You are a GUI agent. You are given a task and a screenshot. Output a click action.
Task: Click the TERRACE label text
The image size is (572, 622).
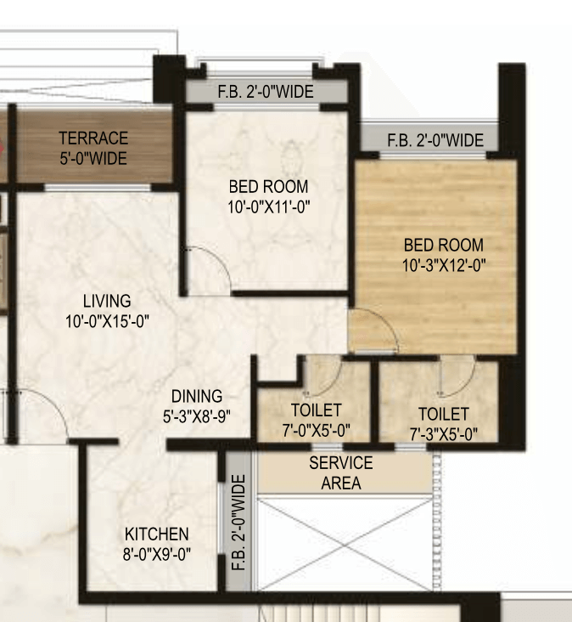[x=93, y=138]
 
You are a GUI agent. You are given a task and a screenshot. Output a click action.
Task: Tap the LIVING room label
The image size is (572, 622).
[x=107, y=301]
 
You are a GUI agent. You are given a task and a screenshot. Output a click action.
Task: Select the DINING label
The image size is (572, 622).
[x=197, y=396]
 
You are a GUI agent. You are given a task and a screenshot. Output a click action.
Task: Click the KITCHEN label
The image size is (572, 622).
[x=157, y=534]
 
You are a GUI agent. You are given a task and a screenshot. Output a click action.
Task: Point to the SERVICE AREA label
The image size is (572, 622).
[x=341, y=472]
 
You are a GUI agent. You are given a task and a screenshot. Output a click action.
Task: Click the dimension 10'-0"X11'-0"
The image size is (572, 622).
[x=268, y=206]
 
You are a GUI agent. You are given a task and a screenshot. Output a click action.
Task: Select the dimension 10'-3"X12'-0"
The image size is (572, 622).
[x=444, y=265]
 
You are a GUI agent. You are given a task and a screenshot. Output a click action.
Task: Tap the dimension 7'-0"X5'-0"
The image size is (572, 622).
[x=316, y=430]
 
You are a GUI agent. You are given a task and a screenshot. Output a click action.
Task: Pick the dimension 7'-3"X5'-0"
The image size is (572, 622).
[x=444, y=434]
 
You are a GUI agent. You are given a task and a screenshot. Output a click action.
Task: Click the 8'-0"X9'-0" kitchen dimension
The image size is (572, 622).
[x=157, y=554]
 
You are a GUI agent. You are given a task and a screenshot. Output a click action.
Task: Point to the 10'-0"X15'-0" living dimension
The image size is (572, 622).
[x=107, y=321]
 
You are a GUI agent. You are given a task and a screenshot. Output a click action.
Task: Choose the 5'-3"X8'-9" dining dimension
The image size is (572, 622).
[x=197, y=416]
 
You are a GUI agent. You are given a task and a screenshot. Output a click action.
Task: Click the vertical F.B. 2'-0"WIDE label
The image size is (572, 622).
[x=238, y=523]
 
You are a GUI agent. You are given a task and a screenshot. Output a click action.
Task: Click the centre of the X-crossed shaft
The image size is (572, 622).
[x=345, y=545]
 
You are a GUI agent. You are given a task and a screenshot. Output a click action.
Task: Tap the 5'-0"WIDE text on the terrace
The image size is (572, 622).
[x=93, y=158]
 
